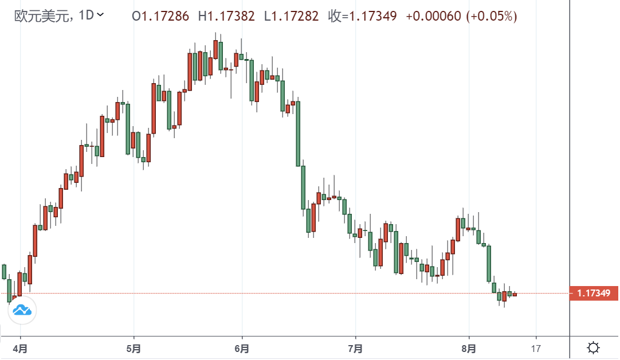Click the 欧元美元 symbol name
[x=42, y=15]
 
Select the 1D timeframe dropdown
[x=91, y=15]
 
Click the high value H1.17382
[x=226, y=16]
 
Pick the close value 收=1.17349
[x=362, y=16]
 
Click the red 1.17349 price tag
[x=594, y=294]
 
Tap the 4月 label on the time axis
[x=21, y=348]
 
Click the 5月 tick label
[x=134, y=348]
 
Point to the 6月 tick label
[x=242, y=348]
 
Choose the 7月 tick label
[x=355, y=348]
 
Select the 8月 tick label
[x=469, y=348]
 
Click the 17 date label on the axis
[x=536, y=348]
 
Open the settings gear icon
[x=594, y=347]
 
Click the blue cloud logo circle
[x=22, y=311]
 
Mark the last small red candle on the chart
[x=515, y=295]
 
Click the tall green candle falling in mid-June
[x=298, y=133]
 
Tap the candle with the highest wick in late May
[x=215, y=52]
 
